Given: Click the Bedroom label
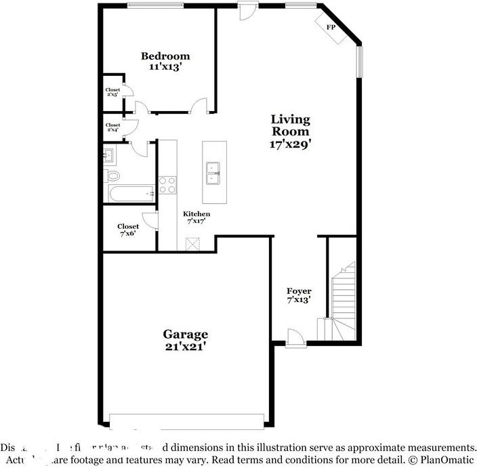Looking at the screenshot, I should (165, 56).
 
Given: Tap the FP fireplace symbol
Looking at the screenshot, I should (331, 28).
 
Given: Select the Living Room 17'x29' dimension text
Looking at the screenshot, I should (290, 144).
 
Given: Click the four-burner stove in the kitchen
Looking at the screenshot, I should (167, 186).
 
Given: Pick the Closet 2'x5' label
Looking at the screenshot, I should (112, 92).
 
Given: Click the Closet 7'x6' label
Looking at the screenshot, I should (127, 230).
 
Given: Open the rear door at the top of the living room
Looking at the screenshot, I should (248, 11).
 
